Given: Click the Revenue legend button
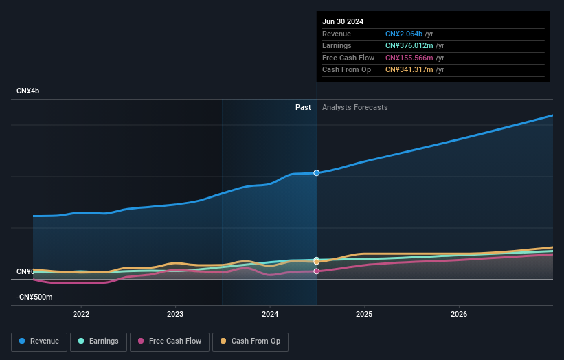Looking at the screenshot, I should point(39,341).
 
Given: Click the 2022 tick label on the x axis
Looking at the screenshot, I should point(81,314).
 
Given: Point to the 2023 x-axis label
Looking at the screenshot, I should point(175,314).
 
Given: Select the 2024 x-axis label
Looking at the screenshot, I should point(270,314).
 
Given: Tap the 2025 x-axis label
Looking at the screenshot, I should point(364,314).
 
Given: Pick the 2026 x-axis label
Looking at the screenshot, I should point(459,314).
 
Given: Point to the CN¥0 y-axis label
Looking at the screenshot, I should point(25,272).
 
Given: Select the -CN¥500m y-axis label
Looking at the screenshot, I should point(34,297).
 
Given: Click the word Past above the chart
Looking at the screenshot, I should point(303,108).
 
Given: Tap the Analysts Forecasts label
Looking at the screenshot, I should point(354,108).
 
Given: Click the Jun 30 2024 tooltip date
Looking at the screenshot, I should point(343,21).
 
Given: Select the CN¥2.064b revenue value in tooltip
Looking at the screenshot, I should point(404,34).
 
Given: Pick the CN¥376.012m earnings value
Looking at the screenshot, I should point(409,46).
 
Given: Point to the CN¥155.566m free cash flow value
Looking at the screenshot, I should point(409,58).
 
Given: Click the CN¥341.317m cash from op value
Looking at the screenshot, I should point(409,70).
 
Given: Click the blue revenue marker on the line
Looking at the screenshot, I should point(317,173).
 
